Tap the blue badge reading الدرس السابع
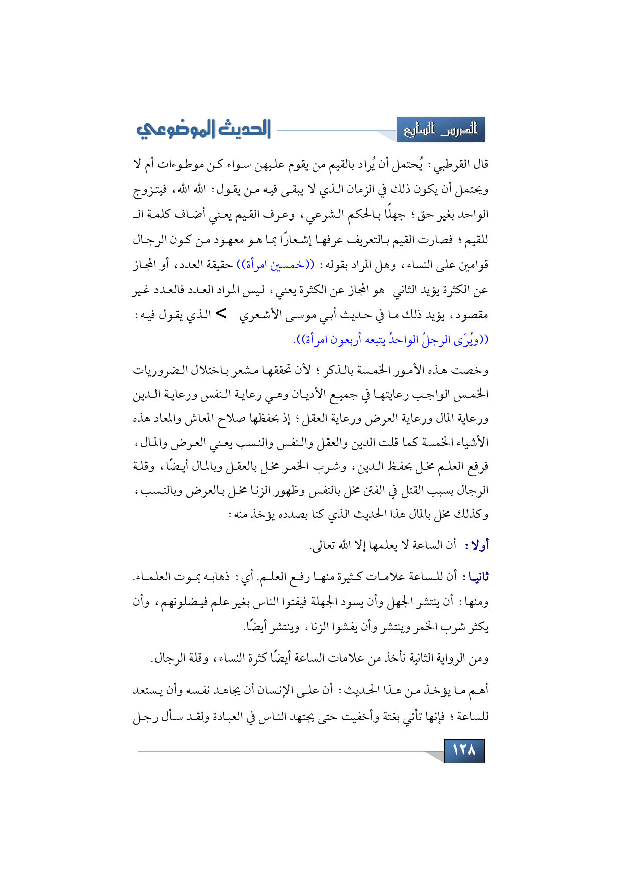[x=440, y=130]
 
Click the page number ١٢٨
[x=464, y=750]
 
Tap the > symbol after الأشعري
[x=221, y=314]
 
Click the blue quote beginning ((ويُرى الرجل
[x=391, y=340]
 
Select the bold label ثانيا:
[x=475, y=577]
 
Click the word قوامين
[x=470, y=265]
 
